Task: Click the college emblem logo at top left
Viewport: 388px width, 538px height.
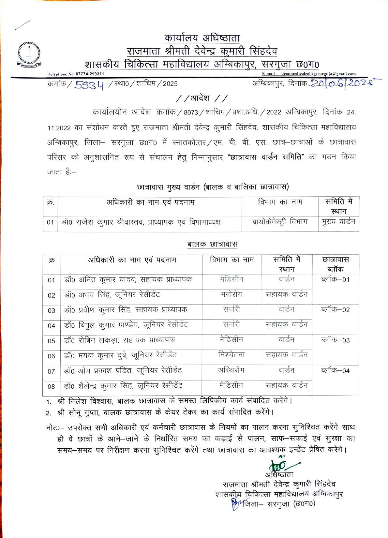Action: click(x=29, y=54)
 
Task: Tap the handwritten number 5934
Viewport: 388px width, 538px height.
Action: click(x=89, y=85)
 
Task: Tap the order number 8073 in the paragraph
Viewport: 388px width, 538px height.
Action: click(x=191, y=112)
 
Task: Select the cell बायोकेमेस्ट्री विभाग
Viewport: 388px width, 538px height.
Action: click(x=280, y=222)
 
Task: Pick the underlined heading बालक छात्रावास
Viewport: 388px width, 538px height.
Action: click(x=212, y=244)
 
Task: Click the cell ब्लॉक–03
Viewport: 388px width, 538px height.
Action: click(x=335, y=340)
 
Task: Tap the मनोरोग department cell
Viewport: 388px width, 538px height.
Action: click(x=231, y=294)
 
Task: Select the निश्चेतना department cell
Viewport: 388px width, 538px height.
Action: click(x=231, y=355)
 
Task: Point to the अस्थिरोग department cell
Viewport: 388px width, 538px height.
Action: click(x=231, y=370)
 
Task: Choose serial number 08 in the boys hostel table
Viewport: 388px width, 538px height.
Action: click(x=52, y=386)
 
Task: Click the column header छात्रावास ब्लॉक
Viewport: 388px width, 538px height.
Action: click(x=335, y=264)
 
